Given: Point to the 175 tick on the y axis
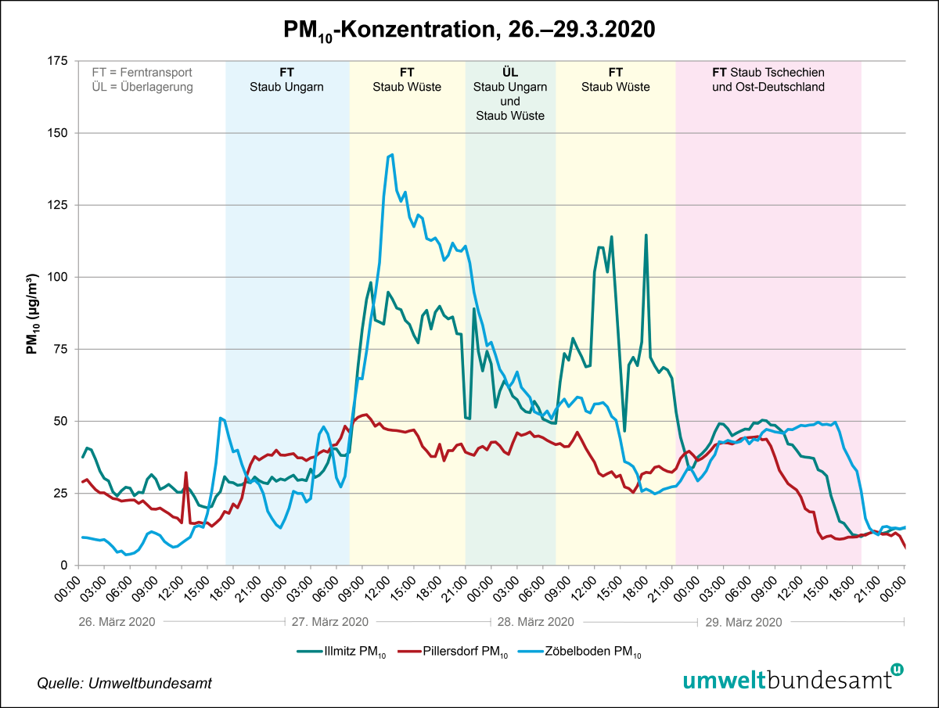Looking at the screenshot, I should click(58, 61).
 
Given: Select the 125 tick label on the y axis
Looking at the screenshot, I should click(58, 205).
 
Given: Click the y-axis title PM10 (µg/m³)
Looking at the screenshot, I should click(32, 313).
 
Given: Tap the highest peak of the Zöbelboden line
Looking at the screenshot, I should click(391, 155).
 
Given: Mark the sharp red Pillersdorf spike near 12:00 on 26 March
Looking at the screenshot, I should click(185, 473).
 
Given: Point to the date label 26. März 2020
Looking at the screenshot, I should click(117, 622).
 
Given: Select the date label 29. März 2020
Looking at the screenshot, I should click(743, 622).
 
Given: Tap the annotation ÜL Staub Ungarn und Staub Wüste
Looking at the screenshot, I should click(509, 94).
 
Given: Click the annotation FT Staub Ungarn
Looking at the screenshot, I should click(286, 80).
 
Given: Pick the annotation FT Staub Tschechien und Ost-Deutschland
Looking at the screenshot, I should click(768, 80).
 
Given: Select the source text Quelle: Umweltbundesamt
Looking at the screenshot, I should click(124, 684).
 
